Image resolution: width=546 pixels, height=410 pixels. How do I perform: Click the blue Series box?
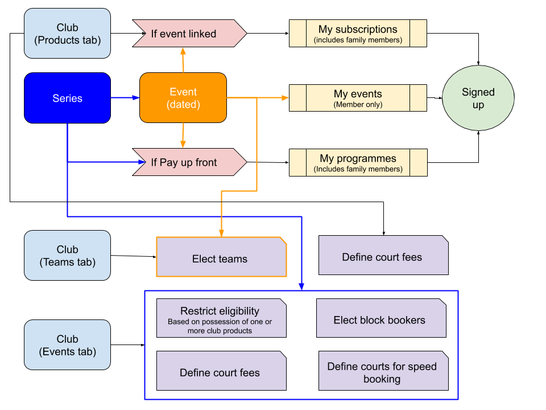point(67,98)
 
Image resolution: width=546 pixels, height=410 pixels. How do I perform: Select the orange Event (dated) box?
point(183,98)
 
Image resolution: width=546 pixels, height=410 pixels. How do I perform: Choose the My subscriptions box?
point(358,34)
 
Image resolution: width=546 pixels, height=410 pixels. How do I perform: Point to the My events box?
point(358,98)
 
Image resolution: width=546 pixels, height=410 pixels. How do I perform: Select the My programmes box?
point(358,162)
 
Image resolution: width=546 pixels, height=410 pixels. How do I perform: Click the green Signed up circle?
point(478,98)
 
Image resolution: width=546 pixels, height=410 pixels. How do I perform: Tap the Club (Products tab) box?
point(67,34)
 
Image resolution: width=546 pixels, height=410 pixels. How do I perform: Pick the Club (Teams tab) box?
point(67,255)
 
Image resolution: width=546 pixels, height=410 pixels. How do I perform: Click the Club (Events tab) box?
point(67,345)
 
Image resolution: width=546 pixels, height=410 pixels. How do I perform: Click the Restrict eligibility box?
point(221,318)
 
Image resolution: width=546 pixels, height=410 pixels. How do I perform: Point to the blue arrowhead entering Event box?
point(136,98)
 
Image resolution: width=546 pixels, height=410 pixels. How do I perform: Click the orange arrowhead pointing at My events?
point(286,98)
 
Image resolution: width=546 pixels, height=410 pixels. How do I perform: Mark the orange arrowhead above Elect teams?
point(221,233)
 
